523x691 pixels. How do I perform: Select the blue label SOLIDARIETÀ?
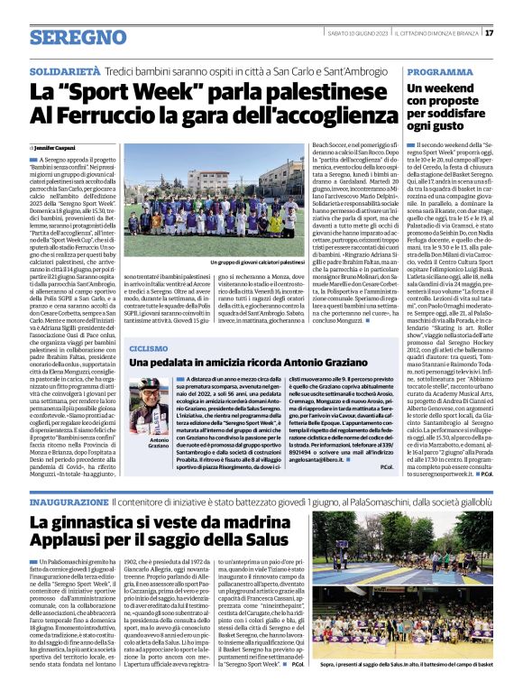[x=63, y=69]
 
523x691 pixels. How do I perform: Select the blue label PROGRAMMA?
[x=439, y=70]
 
